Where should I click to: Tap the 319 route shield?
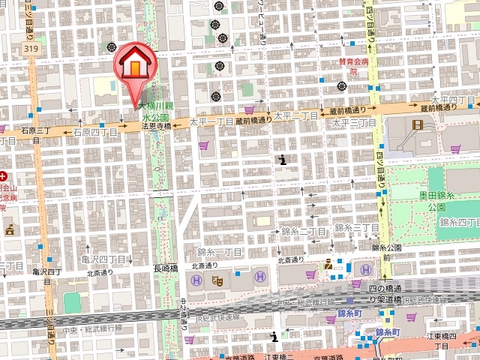coord(31,49)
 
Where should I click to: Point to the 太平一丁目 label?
coord(211,121)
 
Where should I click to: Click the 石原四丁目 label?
coord(96,132)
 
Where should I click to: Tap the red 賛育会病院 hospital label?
coord(352,68)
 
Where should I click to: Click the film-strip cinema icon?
coord(418,124)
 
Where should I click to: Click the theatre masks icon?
coord(218,280)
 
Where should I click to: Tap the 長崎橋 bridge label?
coord(165,268)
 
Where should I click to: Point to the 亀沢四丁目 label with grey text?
coord(103,259)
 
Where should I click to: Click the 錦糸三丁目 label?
coord(356,227)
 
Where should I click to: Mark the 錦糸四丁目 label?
coord(459,223)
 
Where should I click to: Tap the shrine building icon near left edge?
coord(10,229)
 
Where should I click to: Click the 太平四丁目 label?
coord(454,100)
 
